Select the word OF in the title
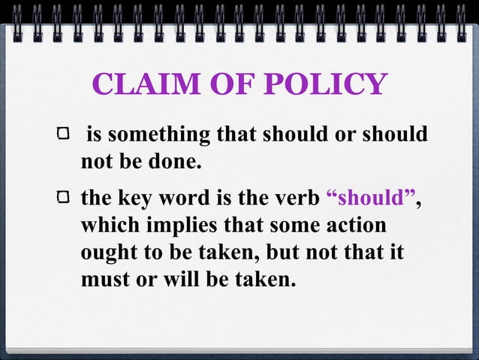pos(227,84)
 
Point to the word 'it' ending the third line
pos(396,253)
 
